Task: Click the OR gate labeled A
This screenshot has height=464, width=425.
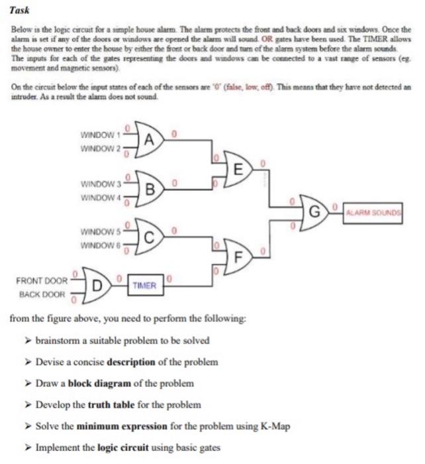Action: (x=150, y=139)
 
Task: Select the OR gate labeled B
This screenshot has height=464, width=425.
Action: (x=150, y=188)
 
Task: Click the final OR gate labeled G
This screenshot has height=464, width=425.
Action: (x=315, y=212)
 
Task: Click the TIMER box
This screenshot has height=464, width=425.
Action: (x=144, y=286)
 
